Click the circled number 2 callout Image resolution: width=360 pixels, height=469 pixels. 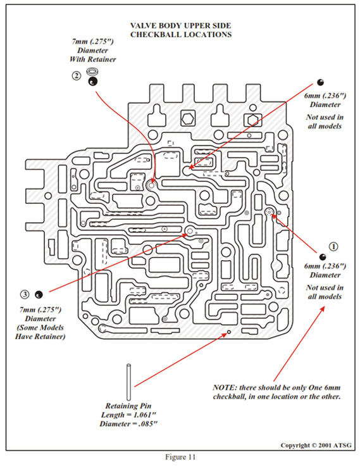[x=77, y=76]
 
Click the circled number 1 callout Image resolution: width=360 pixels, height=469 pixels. [x=333, y=246]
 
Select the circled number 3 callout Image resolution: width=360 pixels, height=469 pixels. [x=25, y=294]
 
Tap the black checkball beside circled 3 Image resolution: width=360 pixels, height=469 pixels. [x=39, y=295]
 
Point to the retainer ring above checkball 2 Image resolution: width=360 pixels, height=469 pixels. [x=92, y=72]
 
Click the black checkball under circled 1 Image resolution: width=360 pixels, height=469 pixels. [x=322, y=257]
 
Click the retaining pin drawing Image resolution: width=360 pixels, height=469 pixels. [x=128, y=382]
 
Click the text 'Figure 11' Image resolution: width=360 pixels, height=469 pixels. [x=180, y=457]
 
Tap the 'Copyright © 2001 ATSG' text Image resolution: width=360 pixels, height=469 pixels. [x=316, y=446]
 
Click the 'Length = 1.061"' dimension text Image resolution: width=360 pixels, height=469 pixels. [x=128, y=415]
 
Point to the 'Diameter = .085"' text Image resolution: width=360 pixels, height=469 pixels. [x=128, y=424]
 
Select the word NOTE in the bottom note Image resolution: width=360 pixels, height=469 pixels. [x=224, y=387]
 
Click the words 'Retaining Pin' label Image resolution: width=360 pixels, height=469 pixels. [x=128, y=406]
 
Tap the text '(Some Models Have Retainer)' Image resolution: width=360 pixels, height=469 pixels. [x=40, y=332]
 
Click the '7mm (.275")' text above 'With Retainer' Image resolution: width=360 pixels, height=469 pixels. [x=93, y=41]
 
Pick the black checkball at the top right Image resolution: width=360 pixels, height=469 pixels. [x=320, y=82]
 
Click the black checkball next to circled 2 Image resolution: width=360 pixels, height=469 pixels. [x=93, y=82]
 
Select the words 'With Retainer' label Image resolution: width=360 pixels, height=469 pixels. [x=93, y=59]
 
